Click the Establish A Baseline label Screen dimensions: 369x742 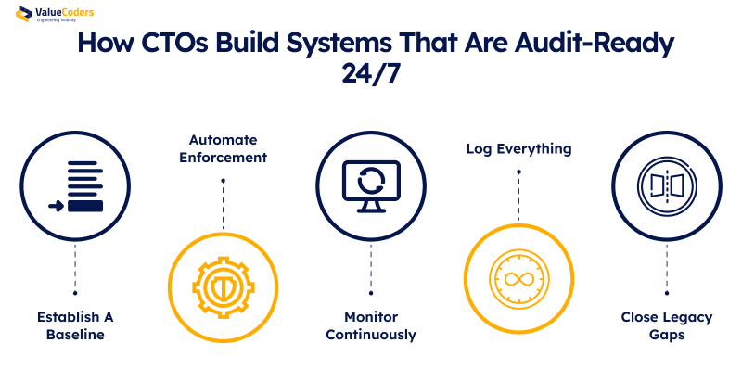click(x=75, y=325)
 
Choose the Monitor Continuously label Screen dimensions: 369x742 click(x=371, y=325)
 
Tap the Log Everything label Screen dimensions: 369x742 click(x=518, y=148)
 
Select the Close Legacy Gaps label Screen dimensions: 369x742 click(x=666, y=325)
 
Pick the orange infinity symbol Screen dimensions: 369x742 click(x=518, y=280)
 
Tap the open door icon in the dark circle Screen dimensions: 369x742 click(x=666, y=184)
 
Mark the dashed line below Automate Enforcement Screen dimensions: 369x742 click(x=223, y=202)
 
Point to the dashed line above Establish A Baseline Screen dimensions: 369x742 click(x=75, y=269)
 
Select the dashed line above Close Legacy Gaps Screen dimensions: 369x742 click(x=666, y=269)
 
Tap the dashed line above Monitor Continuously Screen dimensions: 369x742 click(x=371, y=269)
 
